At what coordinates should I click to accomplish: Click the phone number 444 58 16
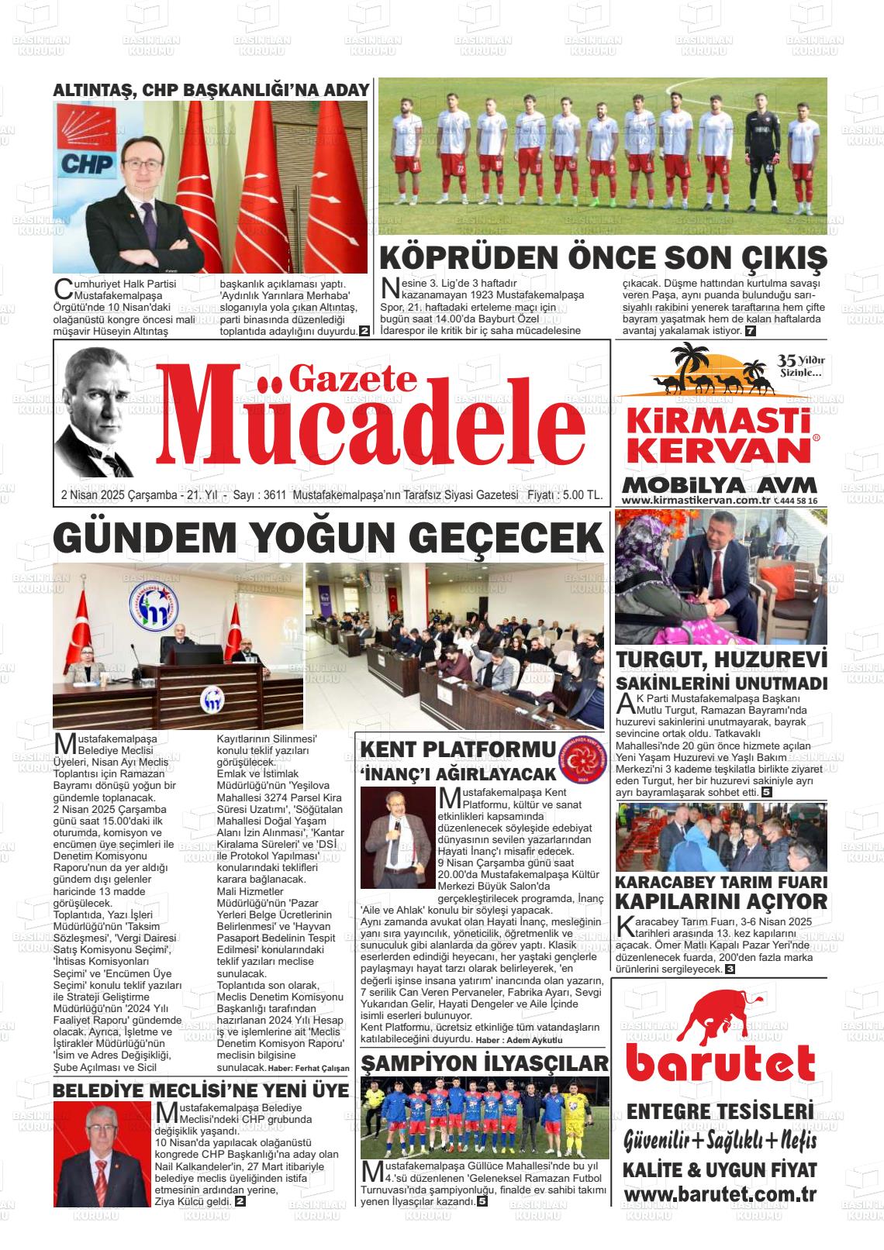[797, 501]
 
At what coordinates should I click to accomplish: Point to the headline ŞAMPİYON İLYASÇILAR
[485, 1062]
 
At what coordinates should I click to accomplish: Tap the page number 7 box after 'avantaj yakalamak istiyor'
[750, 332]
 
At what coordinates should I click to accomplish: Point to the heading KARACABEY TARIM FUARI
[720, 883]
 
